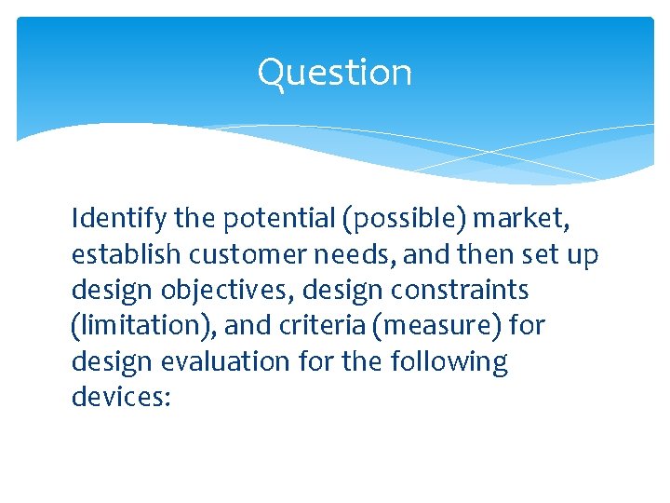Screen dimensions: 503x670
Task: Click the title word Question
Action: click(334, 73)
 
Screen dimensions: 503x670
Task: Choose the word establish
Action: click(118, 254)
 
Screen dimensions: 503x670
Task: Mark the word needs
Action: click(339, 254)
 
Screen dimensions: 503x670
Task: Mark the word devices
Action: click(115, 397)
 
